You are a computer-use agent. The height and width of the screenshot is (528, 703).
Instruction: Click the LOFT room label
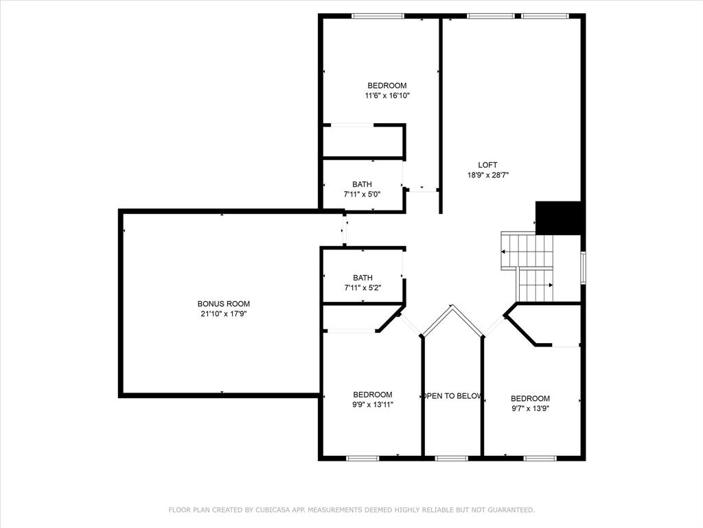(487, 165)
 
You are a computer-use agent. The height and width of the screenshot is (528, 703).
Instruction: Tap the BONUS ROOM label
(224, 304)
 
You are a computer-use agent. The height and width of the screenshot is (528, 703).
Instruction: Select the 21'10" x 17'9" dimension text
(224, 314)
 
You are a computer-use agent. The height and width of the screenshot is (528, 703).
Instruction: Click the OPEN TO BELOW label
(452, 396)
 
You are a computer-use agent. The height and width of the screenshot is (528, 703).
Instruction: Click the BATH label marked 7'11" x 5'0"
(362, 184)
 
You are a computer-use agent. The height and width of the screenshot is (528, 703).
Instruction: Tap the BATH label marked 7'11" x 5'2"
(362, 278)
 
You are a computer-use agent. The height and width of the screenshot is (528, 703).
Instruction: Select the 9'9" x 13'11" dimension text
(373, 405)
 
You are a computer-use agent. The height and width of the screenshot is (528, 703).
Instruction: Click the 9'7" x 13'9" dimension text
(530, 408)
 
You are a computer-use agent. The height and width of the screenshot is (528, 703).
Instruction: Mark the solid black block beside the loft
(560, 218)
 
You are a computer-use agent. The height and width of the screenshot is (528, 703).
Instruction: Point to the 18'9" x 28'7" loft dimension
(487, 175)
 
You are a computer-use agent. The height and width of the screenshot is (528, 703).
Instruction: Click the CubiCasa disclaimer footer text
(351, 510)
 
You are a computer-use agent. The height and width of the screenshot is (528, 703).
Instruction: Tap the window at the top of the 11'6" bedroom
(378, 16)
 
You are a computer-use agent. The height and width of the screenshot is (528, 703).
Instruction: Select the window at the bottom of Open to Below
(452, 458)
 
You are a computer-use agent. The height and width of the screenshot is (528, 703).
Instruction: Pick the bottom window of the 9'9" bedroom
(362, 458)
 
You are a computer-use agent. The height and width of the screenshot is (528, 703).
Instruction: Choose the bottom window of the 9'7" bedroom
(540, 458)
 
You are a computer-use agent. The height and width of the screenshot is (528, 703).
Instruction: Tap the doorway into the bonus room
(345, 230)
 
